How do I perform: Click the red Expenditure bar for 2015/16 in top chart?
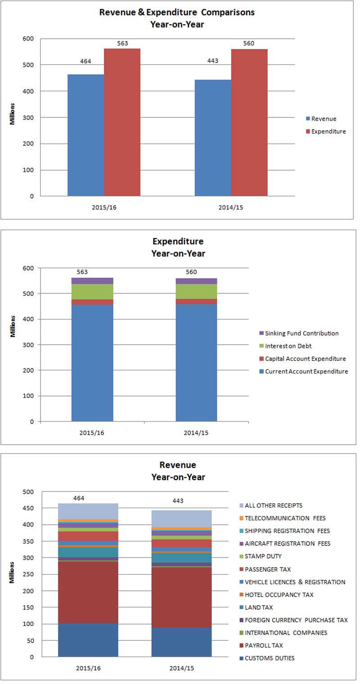122,122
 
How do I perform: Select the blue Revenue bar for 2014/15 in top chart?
213,138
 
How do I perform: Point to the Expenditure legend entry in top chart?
328,131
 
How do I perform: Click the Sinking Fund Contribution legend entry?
301,333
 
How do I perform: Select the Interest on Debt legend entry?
288,346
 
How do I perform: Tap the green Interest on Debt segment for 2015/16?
92,292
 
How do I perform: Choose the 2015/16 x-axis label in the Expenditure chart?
92,433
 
